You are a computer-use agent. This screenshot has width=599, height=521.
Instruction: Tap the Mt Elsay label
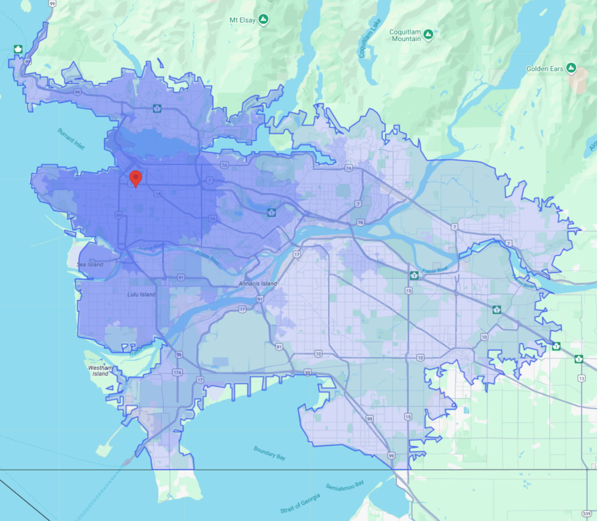point(242,20)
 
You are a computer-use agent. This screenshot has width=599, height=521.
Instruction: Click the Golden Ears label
point(545,69)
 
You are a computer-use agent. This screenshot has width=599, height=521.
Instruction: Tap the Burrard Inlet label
point(71,139)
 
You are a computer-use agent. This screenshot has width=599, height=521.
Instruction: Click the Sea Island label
point(90,265)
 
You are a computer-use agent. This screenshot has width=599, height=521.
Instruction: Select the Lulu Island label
point(141,295)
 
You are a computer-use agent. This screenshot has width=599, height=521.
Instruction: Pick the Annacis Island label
point(258,283)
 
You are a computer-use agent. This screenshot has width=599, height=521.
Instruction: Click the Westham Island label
point(100,371)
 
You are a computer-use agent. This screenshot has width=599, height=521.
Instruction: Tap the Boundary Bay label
point(269,453)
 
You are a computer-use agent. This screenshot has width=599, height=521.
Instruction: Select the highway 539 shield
point(587,513)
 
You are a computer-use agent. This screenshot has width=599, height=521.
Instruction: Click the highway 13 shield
point(581,378)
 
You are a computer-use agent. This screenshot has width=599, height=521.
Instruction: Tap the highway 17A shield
point(177,373)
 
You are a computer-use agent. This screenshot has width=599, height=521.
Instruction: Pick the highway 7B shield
point(360,223)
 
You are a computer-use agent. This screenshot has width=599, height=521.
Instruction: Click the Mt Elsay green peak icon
point(264,19)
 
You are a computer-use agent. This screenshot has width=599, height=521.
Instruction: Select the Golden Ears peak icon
point(572,68)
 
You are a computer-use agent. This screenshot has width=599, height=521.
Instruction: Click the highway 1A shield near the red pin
point(158,194)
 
